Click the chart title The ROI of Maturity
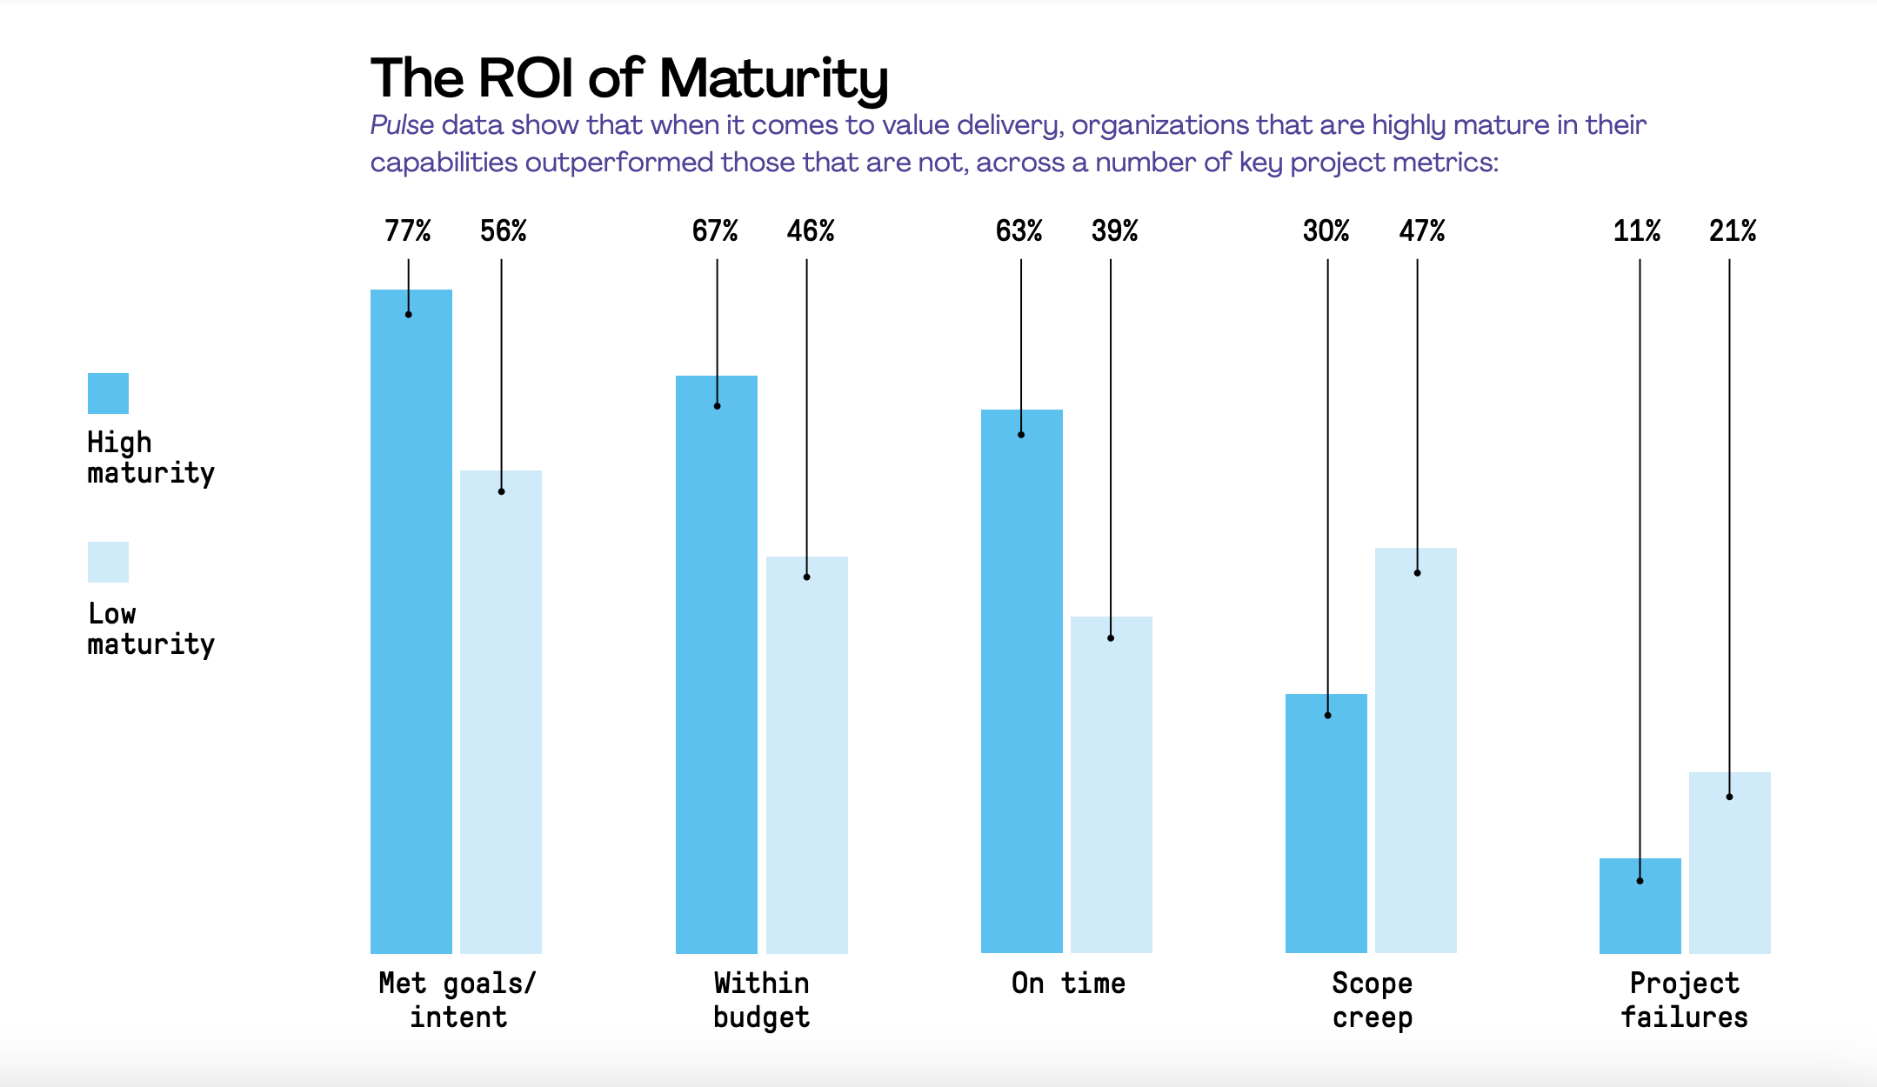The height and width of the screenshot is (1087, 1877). point(629,78)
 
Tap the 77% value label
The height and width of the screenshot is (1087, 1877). point(408,230)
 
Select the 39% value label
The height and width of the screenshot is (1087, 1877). point(1114,230)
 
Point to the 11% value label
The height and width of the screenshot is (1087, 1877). point(1636,230)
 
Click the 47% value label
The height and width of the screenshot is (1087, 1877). point(1421,230)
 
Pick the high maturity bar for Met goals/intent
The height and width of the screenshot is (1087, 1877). point(411,621)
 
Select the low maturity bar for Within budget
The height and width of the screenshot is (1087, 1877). point(807,755)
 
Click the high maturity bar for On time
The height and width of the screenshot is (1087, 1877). point(1022,681)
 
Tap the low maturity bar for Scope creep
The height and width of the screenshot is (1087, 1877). point(1416,750)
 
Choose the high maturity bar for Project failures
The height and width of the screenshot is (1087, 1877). point(1640,906)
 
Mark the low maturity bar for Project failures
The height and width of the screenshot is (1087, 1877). point(1730,863)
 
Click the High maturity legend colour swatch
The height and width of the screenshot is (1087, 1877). point(108,393)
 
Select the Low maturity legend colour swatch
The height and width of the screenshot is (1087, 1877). point(108,562)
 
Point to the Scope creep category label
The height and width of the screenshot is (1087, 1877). point(1373,1000)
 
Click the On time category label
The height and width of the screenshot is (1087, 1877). point(1068,984)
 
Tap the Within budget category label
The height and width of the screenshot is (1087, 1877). point(762,1000)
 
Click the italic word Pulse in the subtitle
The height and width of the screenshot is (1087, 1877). point(402,125)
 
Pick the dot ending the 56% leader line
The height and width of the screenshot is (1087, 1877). point(501,491)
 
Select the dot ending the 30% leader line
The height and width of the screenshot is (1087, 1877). point(1328,716)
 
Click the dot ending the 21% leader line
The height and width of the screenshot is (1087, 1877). point(1729,797)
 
